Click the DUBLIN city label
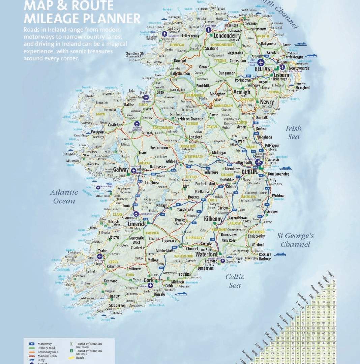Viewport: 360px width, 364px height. coord(249,172)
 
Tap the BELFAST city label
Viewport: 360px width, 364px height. coord(263,69)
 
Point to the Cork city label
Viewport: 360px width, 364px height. coord(148,280)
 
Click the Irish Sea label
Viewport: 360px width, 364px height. coord(294,132)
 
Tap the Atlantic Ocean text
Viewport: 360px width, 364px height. coord(64,196)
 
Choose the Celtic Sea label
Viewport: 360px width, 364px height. coord(235,281)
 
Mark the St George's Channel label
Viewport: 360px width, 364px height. coord(295,240)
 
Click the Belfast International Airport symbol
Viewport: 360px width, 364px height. coord(261,62)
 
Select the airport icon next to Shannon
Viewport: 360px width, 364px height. coord(136,214)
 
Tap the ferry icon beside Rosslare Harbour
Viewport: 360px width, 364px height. coord(280,254)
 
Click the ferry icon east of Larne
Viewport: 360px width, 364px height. coord(300,44)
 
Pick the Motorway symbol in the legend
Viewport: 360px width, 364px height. coord(31,344)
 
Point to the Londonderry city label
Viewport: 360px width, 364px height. coord(227,36)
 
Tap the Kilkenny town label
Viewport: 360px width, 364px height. coord(213,219)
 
